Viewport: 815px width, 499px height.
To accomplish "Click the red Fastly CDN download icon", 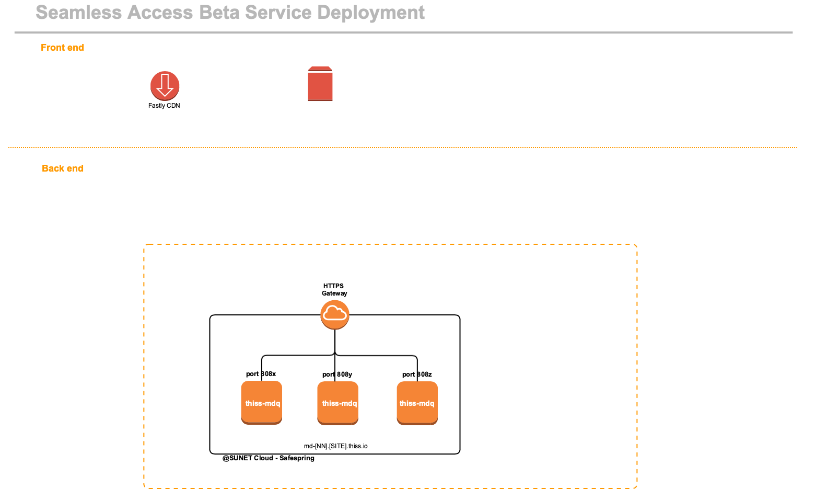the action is [165, 86].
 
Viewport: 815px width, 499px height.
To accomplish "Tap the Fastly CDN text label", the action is [164, 106].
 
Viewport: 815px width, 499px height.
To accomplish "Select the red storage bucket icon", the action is [320, 84].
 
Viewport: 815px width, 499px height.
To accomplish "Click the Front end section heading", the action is [62, 48].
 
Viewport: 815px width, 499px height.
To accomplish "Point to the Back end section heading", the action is [63, 168].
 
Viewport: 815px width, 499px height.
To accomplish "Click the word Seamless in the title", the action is [78, 13].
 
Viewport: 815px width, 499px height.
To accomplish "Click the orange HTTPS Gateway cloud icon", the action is [335, 315].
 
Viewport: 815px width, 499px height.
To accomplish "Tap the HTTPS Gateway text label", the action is [334, 290].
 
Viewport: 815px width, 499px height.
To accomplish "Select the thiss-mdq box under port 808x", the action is [262, 403].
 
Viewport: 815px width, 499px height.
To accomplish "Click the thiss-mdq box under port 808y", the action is [337, 403].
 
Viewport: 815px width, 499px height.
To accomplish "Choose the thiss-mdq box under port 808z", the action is [417, 403].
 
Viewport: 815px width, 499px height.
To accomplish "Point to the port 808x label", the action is [261, 374].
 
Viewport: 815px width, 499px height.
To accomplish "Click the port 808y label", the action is [337, 375].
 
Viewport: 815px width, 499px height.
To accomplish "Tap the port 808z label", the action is [417, 375].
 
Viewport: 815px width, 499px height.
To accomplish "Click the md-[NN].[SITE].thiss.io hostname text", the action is [336, 446].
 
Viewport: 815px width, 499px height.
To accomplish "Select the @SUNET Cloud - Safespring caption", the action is [269, 458].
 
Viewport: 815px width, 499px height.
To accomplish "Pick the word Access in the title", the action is [160, 13].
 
